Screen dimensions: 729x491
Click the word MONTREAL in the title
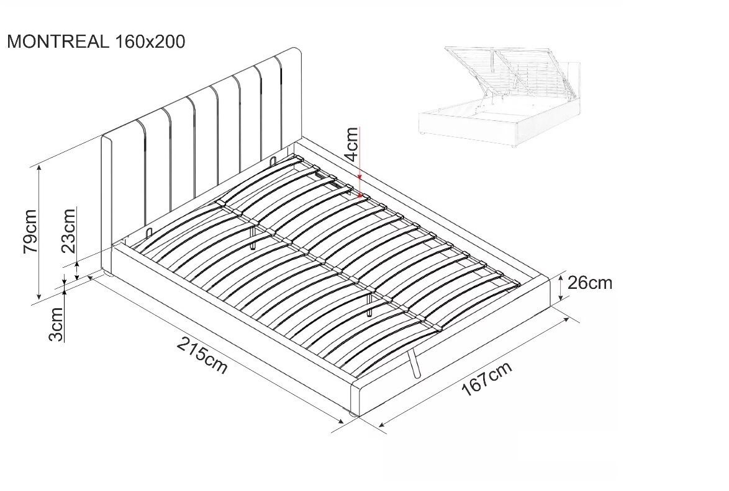point(58,42)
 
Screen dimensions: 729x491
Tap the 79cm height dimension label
point(30,231)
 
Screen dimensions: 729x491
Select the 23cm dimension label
point(69,230)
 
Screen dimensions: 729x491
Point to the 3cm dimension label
point(57,324)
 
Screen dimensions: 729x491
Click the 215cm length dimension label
point(202,355)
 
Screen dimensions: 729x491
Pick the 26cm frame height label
point(590,283)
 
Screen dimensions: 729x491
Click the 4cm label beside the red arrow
point(352,144)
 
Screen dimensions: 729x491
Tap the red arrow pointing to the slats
point(361,163)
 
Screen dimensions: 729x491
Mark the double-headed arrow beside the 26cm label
point(561,287)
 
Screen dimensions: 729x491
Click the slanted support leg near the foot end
point(413,363)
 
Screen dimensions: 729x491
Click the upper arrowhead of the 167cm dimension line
point(566,321)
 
